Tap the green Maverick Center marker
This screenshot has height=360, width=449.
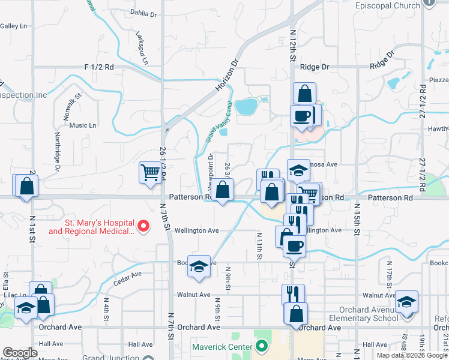point(261,346)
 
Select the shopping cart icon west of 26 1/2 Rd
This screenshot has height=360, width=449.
point(150,173)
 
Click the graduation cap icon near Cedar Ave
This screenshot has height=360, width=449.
point(198,266)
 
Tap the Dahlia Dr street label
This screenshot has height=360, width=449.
point(143,13)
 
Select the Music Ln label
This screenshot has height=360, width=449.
point(83,125)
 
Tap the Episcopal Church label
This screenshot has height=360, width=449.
point(387,6)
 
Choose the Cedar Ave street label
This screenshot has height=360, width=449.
point(128,275)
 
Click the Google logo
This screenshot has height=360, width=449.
point(20,353)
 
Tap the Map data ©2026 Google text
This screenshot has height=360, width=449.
point(412,355)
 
